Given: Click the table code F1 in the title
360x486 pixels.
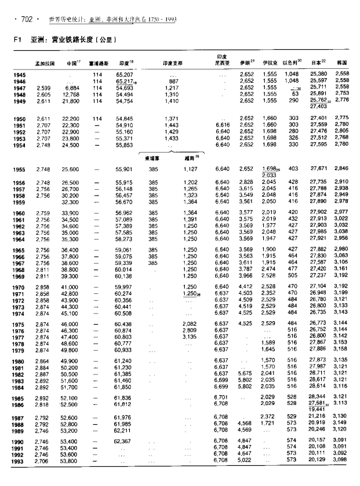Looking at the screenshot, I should [17, 41].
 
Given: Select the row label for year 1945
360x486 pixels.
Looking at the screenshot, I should [19, 75].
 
